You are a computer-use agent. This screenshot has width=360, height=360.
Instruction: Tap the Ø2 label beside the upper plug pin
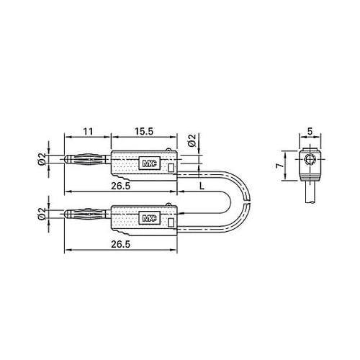pyautogui.click(x=42, y=160)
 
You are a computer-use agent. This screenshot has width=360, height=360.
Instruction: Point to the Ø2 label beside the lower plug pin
pyautogui.click(x=42, y=214)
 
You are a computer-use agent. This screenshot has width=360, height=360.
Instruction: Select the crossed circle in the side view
pyautogui.click(x=310, y=160)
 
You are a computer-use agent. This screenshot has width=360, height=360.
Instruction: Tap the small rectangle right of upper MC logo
pyautogui.click(x=171, y=168)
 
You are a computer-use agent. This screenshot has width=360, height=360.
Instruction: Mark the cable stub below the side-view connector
pyautogui.click(x=311, y=193)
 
